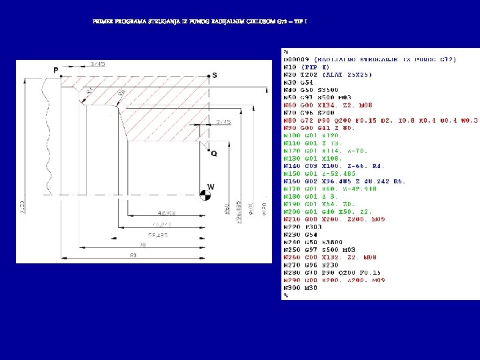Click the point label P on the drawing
tap(56, 70)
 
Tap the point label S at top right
tap(214, 75)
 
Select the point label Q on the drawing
tap(213, 153)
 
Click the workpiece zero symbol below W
tap(206, 195)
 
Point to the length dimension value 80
tap(133, 255)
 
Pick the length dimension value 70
tap(142, 245)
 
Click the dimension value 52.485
tap(157, 235)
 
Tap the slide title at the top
tap(200, 22)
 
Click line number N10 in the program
tap(290, 67)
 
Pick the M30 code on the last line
tap(311, 288)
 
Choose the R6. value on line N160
tap(399, 181)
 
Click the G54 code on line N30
tap(307, 82)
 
